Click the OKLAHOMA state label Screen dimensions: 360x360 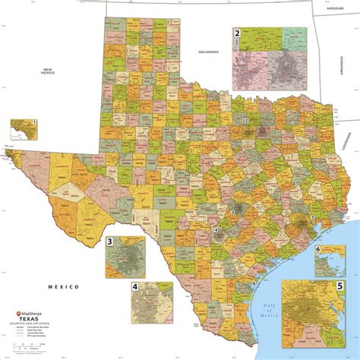[x=208, y=52]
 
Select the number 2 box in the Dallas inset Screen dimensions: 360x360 [x=237, y=33]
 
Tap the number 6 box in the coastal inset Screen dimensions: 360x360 [x=317, y=249]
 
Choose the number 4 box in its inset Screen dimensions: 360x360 [x=135, y=287]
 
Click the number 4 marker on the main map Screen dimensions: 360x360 [x=216, y=229]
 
